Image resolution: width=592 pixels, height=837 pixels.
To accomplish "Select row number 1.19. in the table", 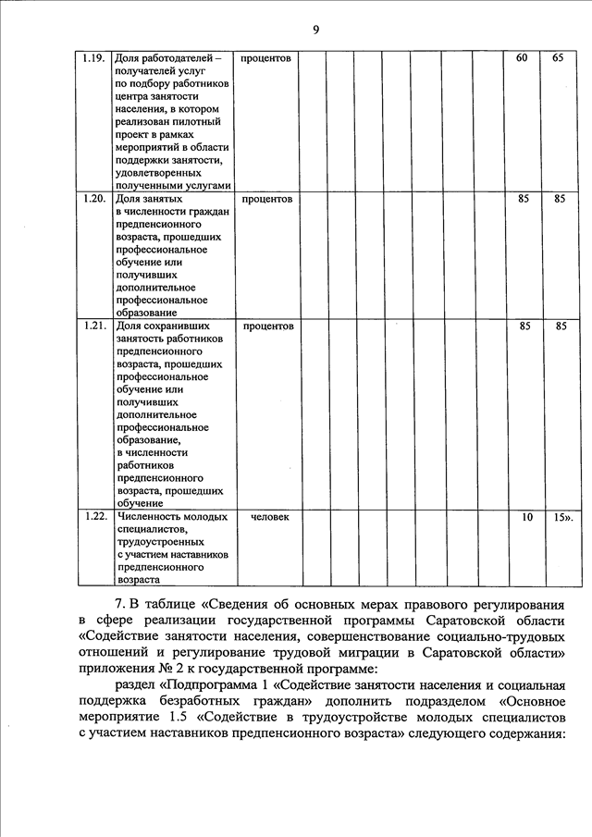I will click(92, 58).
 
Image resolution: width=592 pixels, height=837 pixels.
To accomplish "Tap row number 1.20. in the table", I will click(92, 199).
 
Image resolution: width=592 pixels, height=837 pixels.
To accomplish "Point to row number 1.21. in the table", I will click(92, 326).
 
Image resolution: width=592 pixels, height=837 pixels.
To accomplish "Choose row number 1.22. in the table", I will click(92, 517).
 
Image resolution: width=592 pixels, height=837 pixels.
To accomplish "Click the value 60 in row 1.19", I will click(522, 58).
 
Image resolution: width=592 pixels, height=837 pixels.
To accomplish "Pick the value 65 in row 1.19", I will click(558, 58).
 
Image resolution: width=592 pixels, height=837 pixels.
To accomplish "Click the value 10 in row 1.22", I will click(526, 517).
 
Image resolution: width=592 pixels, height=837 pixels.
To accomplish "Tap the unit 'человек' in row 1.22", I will click(270, 517).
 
